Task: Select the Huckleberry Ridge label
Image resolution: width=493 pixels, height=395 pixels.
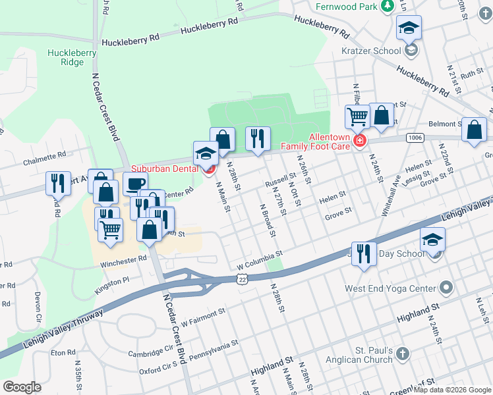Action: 72,57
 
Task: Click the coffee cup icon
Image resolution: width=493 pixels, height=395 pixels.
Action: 136,184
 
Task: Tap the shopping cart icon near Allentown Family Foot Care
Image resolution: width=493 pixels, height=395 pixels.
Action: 357,117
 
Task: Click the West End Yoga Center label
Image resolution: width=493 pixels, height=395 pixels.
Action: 390,288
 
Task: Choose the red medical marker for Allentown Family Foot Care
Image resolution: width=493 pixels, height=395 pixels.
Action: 360,140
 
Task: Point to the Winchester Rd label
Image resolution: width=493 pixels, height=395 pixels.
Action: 123,260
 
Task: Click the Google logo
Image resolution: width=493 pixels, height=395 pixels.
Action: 22,386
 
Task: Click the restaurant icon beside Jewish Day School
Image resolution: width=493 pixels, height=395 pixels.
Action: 363,253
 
